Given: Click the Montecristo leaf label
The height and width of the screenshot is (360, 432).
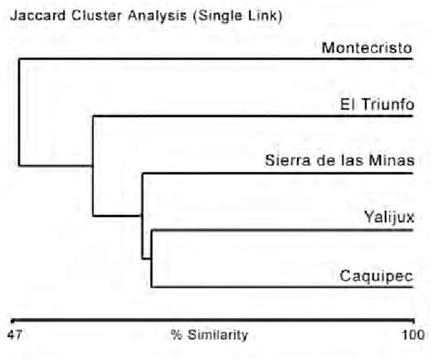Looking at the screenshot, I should (x=366, y=48).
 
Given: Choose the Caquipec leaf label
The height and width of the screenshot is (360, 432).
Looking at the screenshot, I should (x=376, y=274).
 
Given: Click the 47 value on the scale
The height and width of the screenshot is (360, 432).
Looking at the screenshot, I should (x=15, y=334).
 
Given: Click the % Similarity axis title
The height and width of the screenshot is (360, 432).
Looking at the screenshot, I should (x=209, y=334).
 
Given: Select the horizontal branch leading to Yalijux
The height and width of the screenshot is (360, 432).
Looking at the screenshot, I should (x=282, y=230).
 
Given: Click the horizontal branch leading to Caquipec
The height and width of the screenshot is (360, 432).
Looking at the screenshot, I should (x=282, y=286).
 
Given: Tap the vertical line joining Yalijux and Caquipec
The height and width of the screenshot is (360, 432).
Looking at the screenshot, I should (x=150, y=258).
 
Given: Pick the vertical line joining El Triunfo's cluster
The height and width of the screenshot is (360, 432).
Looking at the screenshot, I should (x=93, y=165).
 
